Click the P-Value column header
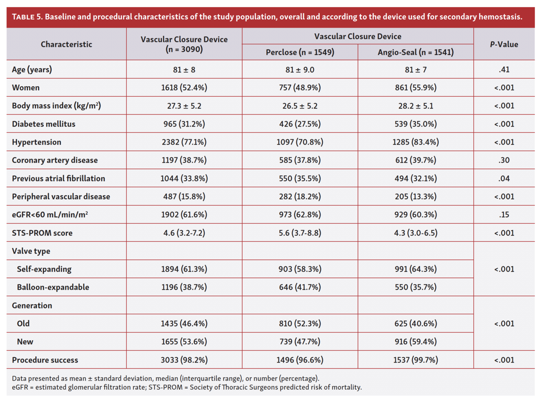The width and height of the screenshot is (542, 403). [x=504, y=44]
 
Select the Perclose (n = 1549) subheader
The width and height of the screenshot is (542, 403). [x=300, y=52]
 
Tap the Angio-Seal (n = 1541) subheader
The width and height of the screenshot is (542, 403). [x=415, y=52]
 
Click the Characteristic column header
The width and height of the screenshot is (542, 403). [x=66, y=44]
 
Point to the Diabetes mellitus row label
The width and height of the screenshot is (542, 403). [x=44, y=124]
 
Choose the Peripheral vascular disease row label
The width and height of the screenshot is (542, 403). [x=61, y=197]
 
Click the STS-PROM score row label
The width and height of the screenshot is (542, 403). [x=42, y=233]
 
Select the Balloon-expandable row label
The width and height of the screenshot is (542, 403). [x=53, y=287]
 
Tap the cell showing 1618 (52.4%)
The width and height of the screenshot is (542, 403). [x=184, y=87]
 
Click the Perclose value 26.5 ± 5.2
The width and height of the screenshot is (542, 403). [x=300, y=106]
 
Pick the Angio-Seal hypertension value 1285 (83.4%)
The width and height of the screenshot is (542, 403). [x=415, y=142]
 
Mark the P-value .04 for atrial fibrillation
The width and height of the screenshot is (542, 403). [x=504, y=179]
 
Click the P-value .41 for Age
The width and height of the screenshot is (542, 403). [x=504, y=70]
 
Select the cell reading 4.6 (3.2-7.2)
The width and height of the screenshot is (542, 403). [x=184, y=233]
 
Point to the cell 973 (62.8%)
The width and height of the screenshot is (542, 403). [x=300, y=215]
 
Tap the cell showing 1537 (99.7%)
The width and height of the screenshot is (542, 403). [x=415, y=360]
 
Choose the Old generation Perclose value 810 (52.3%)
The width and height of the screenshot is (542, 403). [x=300, y=323]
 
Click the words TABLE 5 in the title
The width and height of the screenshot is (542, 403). [x=27, y=17]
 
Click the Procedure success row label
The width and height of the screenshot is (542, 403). [x=45, y=360]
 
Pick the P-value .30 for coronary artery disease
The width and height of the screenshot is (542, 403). [x=504, y=160]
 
